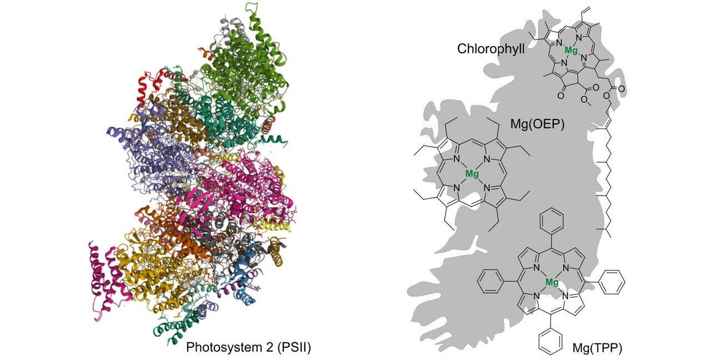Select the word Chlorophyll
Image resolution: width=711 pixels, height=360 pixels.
[490, 49]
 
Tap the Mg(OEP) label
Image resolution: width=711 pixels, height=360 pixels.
[537, 124]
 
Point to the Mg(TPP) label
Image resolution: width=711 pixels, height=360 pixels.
[597, 348]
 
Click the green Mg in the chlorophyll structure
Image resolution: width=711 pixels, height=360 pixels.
[571, 51]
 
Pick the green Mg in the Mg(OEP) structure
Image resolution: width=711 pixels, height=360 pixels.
[472, 174]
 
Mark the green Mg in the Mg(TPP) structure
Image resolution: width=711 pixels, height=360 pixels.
[552, 282]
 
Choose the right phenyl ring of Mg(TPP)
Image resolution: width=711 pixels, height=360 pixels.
[613, 281]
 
